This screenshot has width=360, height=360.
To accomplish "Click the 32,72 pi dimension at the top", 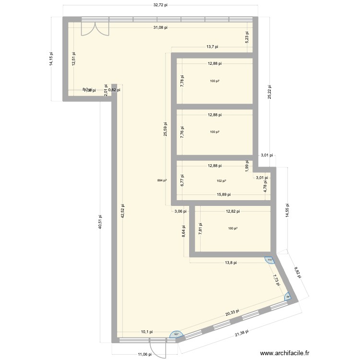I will pyautogui.click(x=160, y=5).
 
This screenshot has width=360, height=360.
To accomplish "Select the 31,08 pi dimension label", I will pyautogui.click(x=160, y=28).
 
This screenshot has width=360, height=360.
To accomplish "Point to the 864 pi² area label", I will pyautogui.click(x=162, y=180).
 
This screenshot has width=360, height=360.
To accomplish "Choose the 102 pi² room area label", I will pyautogui.click(x=221, y=181).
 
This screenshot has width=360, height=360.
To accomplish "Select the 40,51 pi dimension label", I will pyautogui.click(x=100, y=222).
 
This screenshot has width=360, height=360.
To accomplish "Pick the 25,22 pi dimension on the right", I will pyautogui.click(x=270, y=91).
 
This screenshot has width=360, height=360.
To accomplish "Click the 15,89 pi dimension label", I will pyautogui.click(x=223, y=194).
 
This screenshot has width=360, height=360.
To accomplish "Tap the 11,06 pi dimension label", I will pyautogui.click(x=143, y=354).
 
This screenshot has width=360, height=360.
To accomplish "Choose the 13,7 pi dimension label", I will pyautogui.click(x=212, y=47).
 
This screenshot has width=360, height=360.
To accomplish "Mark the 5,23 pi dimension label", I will pyautogui.click(x=247, y=38).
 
